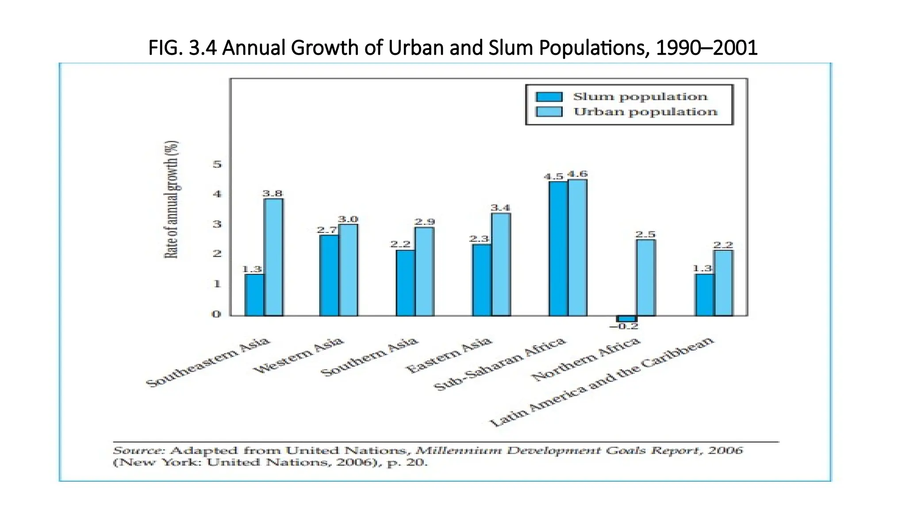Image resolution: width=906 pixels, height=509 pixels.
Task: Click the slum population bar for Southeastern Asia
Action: tap(254, 295)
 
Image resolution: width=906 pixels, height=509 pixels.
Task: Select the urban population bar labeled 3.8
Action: tap(273, 257)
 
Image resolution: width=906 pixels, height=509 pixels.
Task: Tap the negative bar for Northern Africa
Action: tap(626, 319)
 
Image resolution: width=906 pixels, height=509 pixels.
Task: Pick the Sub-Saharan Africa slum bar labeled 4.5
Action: tap(558, 248)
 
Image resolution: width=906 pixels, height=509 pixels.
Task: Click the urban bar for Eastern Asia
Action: tap(501, 264)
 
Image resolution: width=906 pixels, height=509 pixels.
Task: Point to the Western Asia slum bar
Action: tap(329, 275)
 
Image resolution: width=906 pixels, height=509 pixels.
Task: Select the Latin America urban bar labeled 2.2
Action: tap(723, 283)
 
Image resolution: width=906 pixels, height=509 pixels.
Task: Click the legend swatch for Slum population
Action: tap(549, 97)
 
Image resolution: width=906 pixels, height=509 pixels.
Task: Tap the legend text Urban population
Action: tap(645, 112)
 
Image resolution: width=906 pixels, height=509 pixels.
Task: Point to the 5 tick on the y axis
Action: tap(217, 164)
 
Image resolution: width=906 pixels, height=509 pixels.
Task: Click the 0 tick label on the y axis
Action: tap(216, 314)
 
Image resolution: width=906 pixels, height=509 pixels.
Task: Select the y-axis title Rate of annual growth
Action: tap(172, 199)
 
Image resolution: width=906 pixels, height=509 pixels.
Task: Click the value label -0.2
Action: tap(624, 327)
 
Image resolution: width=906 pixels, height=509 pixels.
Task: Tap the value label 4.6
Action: tap(577, 174)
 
